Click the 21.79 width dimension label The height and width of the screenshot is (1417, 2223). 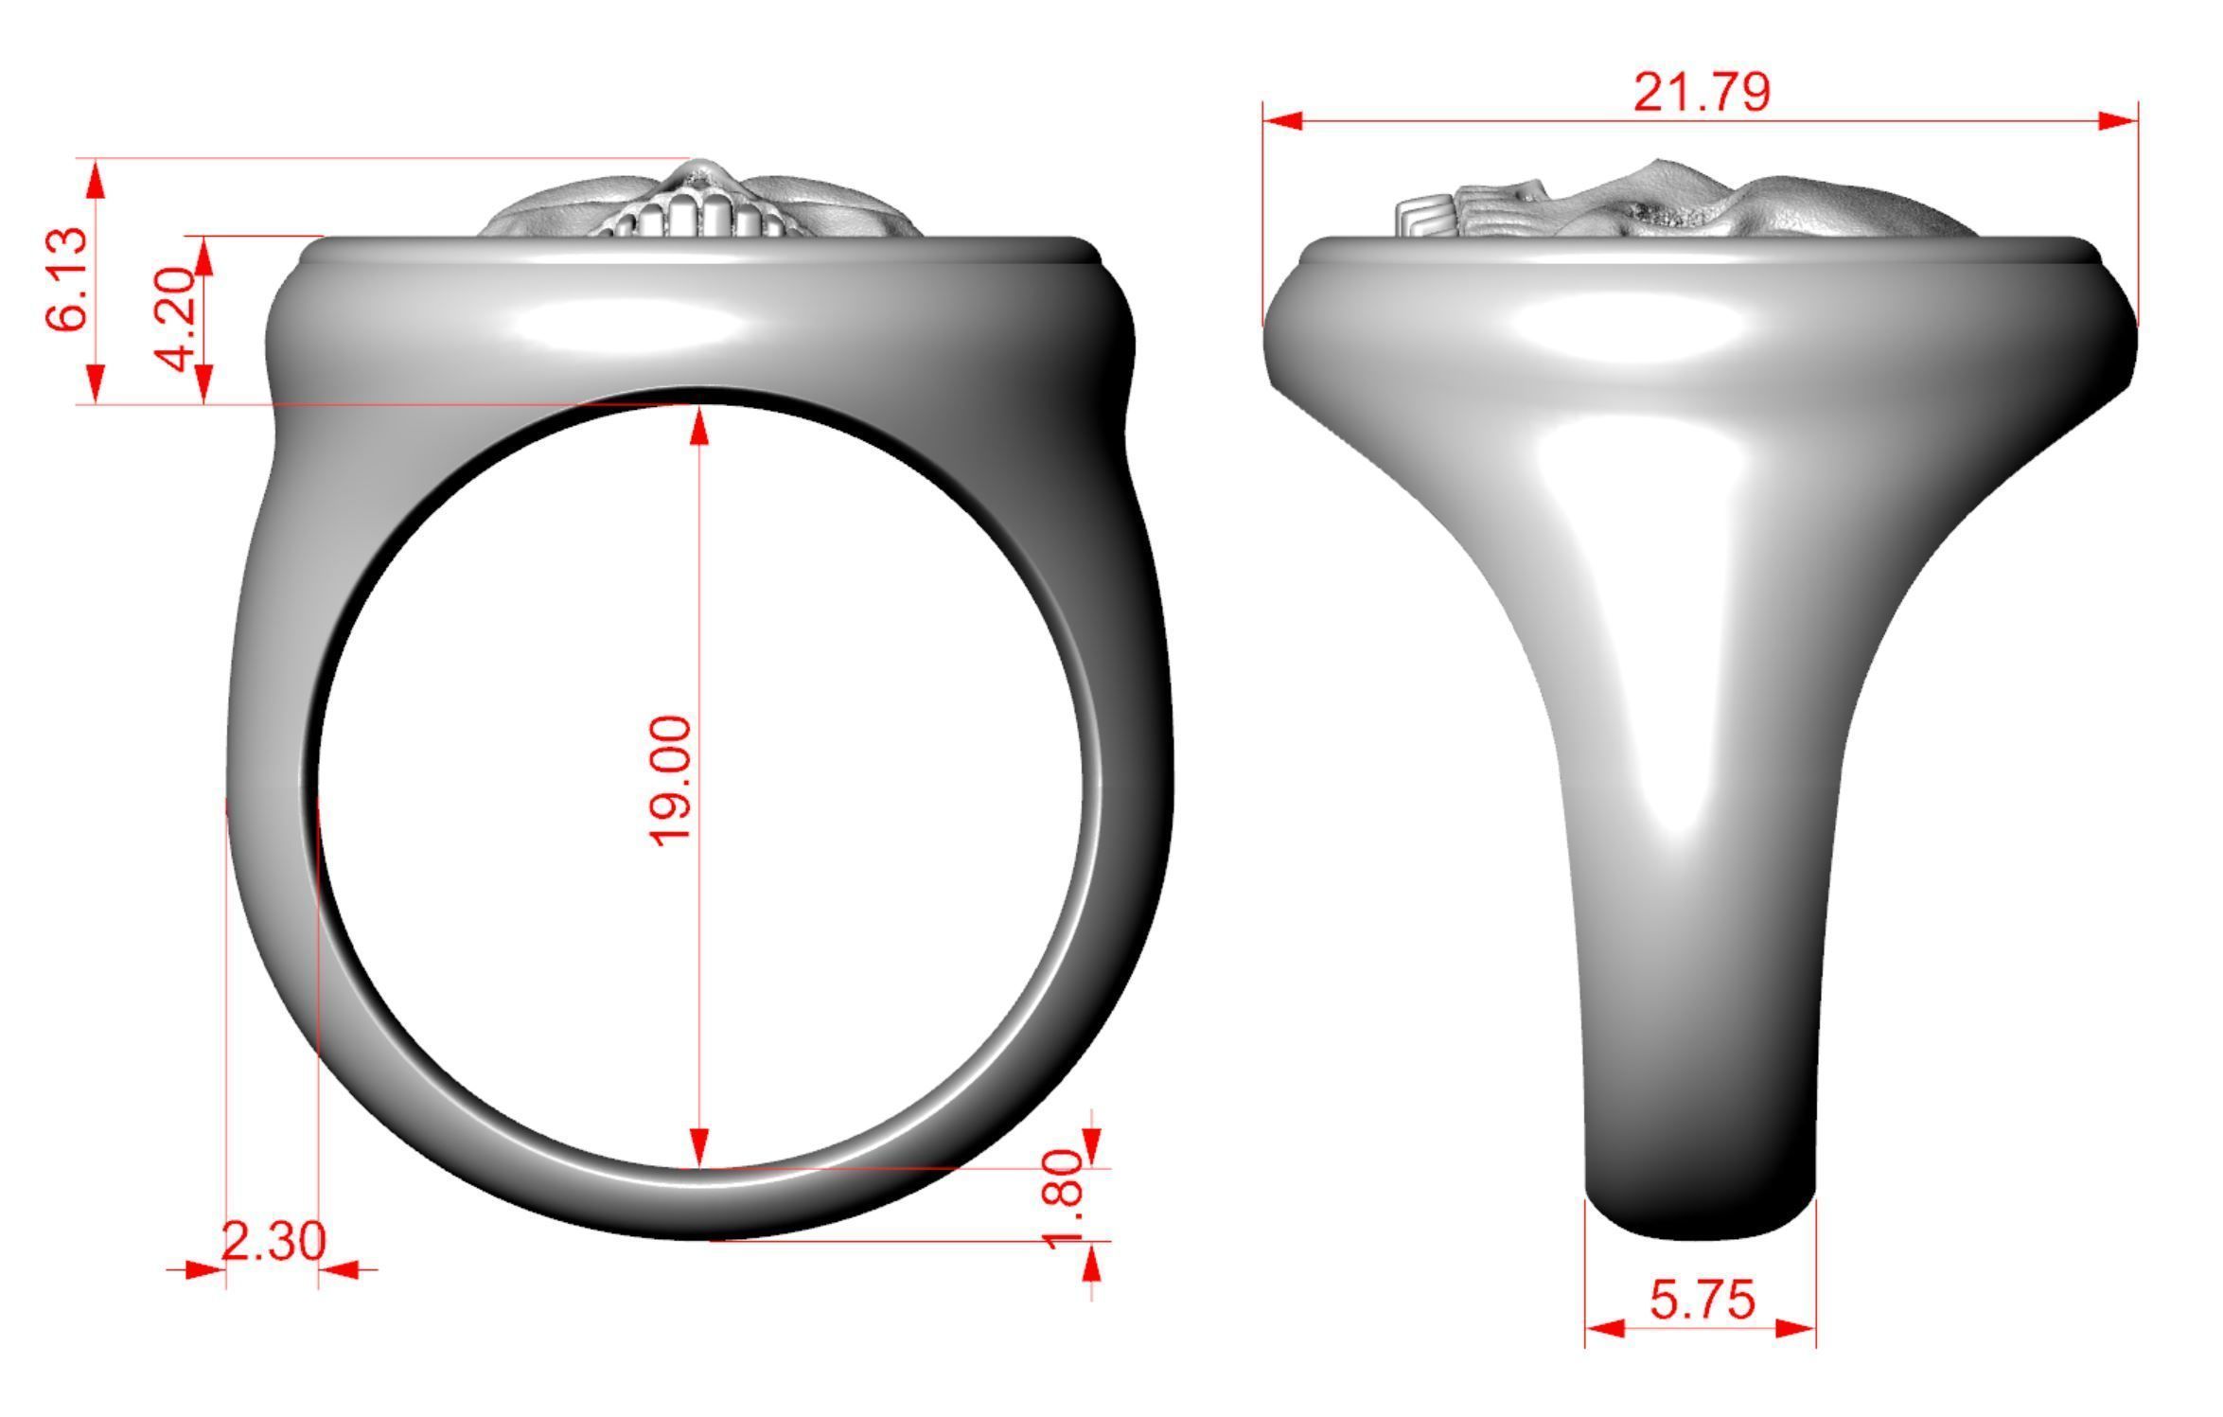(x=1701, y=93)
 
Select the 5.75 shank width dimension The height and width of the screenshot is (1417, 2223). (x=1702, y=1300)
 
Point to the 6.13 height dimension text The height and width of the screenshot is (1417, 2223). (x=68, y=279)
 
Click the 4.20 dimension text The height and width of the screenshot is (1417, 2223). (x=177, y=319)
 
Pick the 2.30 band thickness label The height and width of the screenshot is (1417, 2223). (x=273, y=1241)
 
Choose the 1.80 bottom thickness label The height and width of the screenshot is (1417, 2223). (x=1067, y=1198)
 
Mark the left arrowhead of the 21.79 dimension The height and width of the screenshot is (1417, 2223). (x=1282, y=121)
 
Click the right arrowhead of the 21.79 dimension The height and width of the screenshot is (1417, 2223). (x=2118, y=121)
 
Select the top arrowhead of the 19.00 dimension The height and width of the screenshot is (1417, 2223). (x=699, y=427)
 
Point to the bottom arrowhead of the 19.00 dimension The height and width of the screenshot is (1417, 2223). (x=699, y=1146)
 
